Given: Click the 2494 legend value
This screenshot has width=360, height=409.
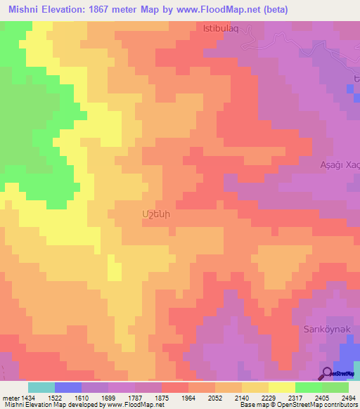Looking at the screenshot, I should [349, 398].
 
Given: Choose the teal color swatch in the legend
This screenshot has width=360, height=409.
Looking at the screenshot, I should [41, 387].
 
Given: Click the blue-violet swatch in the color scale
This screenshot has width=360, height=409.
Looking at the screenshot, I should [68, 387].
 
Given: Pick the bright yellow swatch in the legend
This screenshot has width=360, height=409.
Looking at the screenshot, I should [282, 387].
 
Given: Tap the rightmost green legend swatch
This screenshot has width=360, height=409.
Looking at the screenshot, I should [335, 387].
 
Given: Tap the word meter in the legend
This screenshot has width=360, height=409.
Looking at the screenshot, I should [11, 398].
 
